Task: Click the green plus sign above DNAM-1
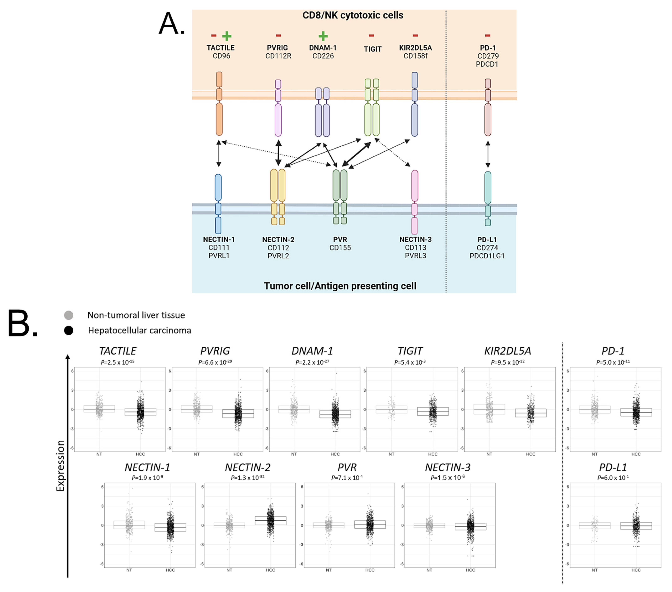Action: [323, 36]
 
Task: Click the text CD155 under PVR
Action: [340, 248]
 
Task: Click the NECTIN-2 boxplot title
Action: [248, 467]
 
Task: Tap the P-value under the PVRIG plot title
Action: [215, 362]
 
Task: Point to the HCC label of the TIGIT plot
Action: [433, 454]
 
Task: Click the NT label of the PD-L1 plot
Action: [594, 570]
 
